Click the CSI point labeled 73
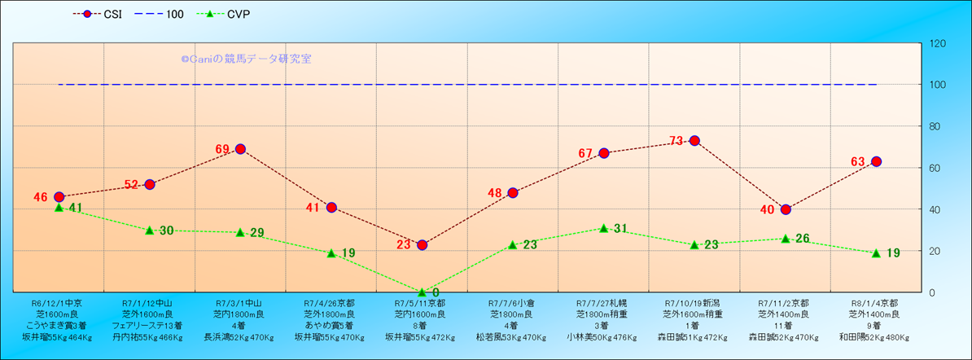tap(694, 141)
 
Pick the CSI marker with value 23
tap(422, 245)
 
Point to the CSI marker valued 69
tap(240, 149)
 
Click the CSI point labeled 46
tap(59, 197)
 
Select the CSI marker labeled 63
tap(876, 161)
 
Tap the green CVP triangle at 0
tap(422, 292)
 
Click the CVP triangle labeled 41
tap(59, 208)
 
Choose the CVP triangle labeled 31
tap(603, 228)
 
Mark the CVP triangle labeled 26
tap(786, 239)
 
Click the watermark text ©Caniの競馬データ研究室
tap(246, 59)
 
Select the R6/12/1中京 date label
tap(57, 302)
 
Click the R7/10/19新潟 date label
tap(694, 302)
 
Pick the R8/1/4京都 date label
tap(876, 302)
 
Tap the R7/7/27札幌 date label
tap(603, 302)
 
